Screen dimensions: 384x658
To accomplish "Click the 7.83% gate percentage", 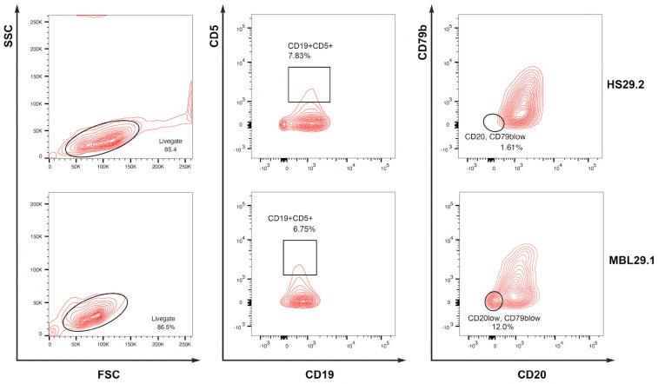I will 300,55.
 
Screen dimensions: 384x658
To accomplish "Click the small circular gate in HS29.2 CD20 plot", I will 493,122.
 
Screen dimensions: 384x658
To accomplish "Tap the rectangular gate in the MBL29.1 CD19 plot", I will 300,257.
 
